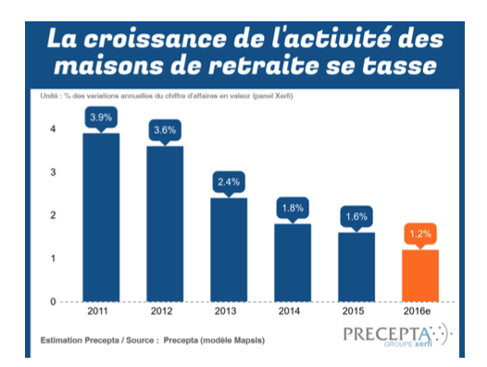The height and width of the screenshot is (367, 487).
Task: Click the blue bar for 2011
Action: click(x=101, y=217)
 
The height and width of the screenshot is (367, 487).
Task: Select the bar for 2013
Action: click(x=228, y=249)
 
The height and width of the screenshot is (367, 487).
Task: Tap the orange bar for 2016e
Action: click(x=419, y=275)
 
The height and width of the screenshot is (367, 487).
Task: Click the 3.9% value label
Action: click(x=101, y=119)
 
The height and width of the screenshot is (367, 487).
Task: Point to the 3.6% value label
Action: click(x=165, y=131)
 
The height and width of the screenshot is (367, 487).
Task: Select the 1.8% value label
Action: click(x=292, y=209)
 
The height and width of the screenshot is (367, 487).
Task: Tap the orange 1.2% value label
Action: click(x=419, y=234)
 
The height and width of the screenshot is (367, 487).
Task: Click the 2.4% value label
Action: click(x=228, y=183)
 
